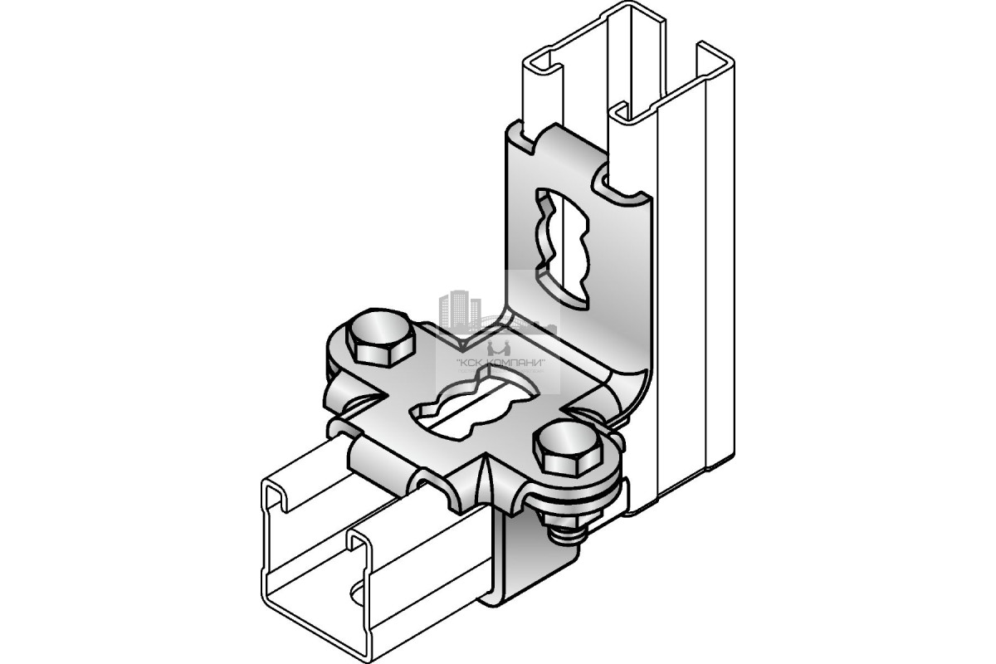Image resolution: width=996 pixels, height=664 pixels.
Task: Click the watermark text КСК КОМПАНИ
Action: click(501, 362)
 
